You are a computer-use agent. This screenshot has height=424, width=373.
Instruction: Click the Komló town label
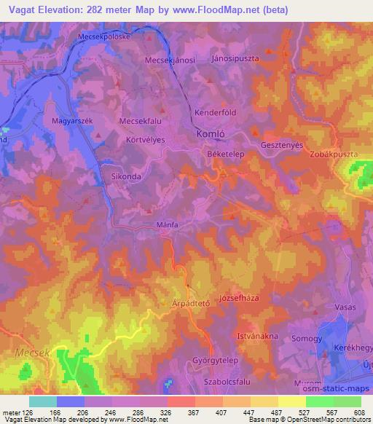coord(211,135)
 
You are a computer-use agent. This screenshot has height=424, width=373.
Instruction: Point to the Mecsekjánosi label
coord(170,60)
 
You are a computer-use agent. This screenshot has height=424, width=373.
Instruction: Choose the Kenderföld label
coord(216,113)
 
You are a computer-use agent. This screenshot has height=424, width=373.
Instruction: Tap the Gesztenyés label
coord(282,144)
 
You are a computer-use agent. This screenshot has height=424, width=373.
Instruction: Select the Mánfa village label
coord(166,225)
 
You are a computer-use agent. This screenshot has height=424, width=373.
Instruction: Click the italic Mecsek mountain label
coord(29,352)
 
